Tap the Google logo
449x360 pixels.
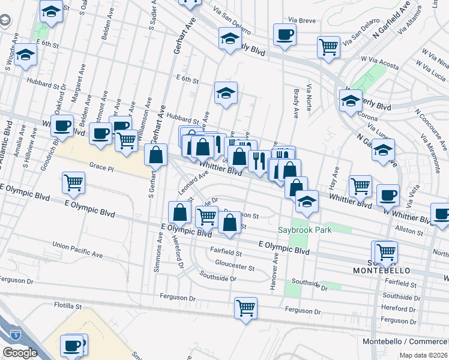tap(20, 353)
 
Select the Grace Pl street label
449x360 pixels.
tap(101, 166)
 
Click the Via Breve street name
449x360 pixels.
tap(301, 20)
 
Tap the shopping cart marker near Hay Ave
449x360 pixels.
tap(360, 186)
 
